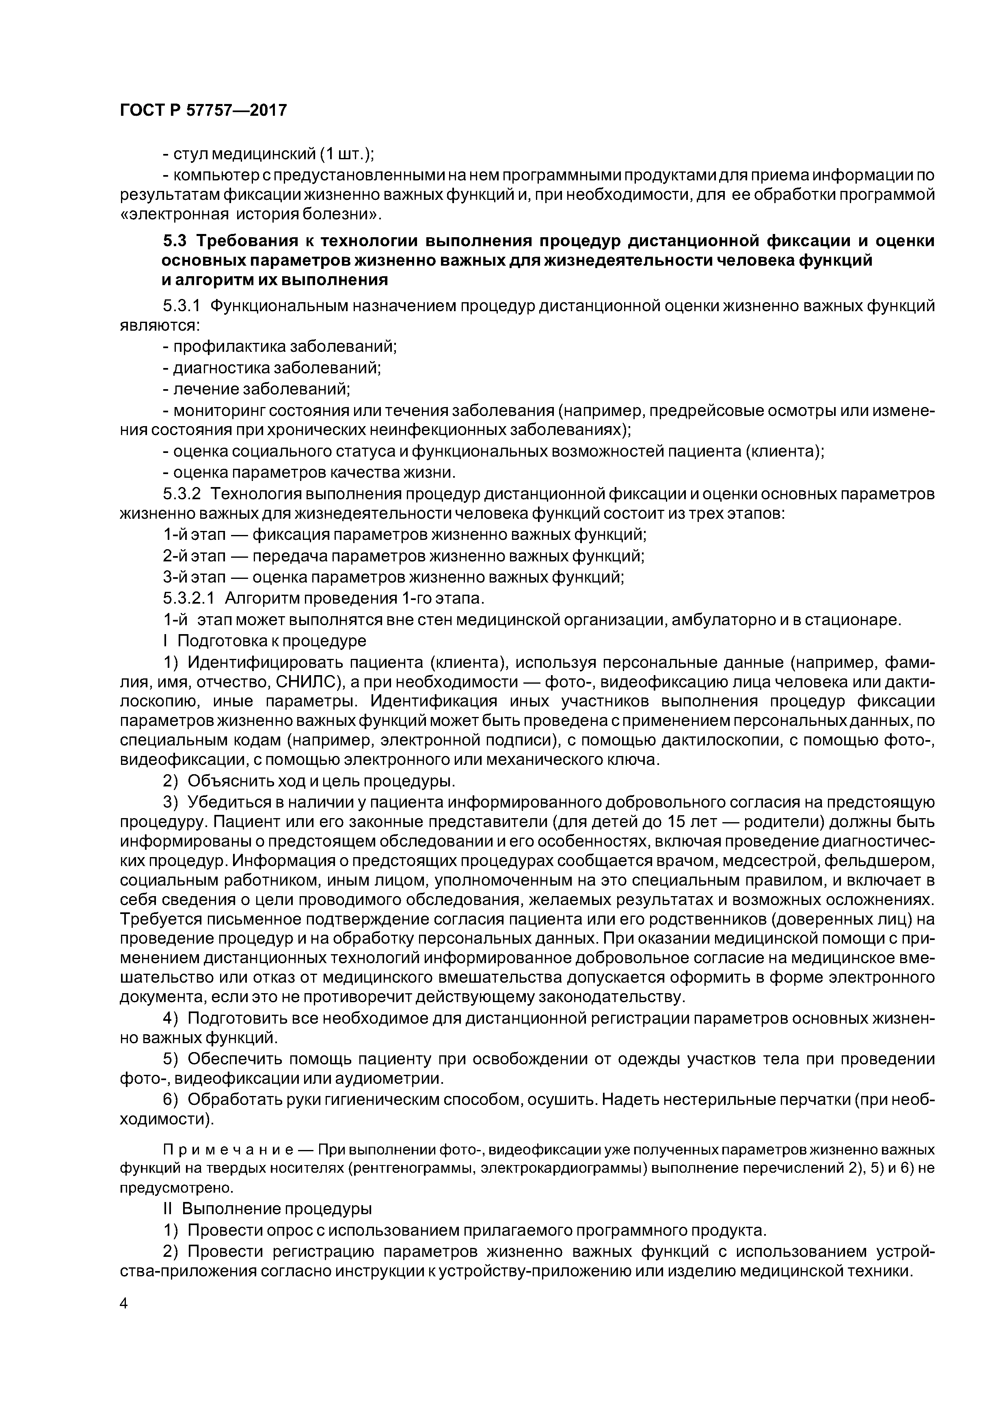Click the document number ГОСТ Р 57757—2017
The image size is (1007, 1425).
coord(203,110)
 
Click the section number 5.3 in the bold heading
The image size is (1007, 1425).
coord(175,241)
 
